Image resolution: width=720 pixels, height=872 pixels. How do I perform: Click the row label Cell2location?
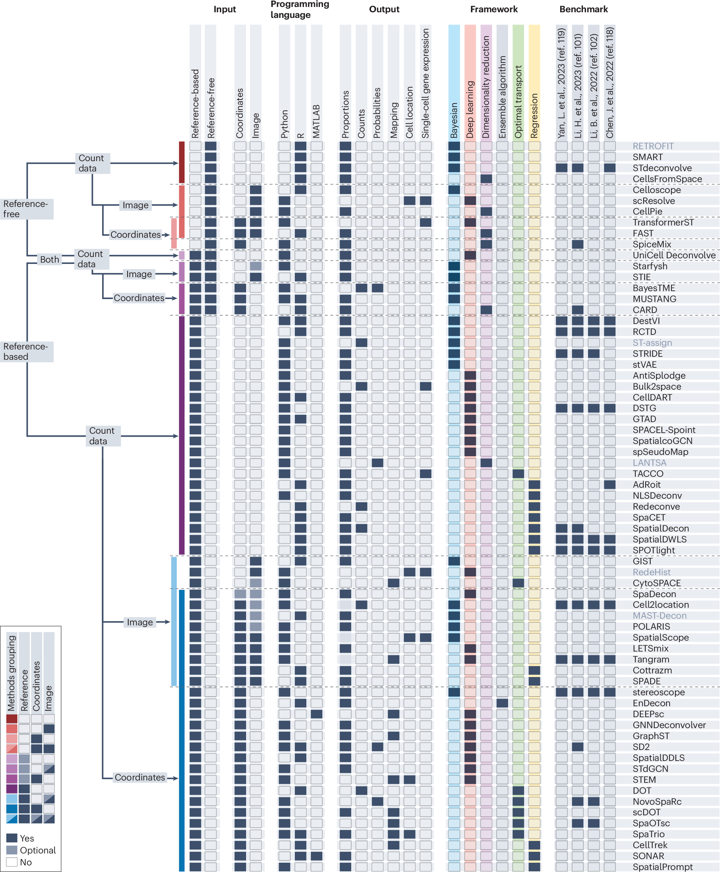660,604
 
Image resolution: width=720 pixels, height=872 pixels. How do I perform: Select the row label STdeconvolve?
662,168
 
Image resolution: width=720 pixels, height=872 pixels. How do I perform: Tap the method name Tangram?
651,659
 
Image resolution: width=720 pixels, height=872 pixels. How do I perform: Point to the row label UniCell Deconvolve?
674,255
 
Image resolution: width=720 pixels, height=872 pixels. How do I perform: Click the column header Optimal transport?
518,101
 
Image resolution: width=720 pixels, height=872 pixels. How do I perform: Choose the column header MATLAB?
316,121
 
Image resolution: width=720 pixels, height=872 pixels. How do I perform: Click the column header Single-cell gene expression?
425,83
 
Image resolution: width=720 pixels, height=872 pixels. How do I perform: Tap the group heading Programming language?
299,10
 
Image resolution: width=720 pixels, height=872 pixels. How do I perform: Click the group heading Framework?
493,9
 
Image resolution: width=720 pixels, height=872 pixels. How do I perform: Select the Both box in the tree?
49,260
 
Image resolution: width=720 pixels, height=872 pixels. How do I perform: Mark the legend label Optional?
37,850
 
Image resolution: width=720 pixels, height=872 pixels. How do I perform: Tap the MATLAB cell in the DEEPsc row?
316,714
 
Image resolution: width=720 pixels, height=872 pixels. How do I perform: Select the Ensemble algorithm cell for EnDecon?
502,703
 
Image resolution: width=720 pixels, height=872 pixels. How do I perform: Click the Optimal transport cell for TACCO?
518,473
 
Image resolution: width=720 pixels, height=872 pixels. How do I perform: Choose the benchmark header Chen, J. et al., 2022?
609,83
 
